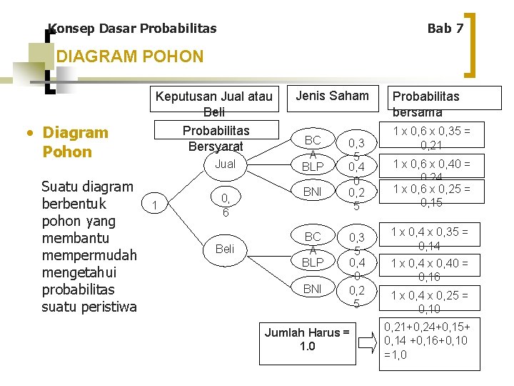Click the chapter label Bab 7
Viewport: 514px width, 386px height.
coord(445,29)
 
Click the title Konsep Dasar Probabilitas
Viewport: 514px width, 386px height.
coord(132,29)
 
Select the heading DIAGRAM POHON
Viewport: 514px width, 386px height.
coord(129,56)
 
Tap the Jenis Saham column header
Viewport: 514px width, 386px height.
coord(332,96)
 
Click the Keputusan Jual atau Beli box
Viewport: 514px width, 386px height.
coord(213,104)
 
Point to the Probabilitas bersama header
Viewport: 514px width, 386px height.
coord(425,104)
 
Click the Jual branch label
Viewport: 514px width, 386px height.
coord(225,164)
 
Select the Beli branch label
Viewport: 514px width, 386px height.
coord(225,249)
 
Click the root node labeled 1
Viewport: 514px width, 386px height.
coord(156,206)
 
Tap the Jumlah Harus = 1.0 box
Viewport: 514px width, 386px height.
coord(307,340)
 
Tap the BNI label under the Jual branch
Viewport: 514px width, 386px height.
coord(313,192)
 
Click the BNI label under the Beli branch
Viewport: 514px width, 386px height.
coord(313,289)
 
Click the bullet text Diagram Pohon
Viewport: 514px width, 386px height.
coord(75,142)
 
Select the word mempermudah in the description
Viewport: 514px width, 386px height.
coord(89,255)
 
